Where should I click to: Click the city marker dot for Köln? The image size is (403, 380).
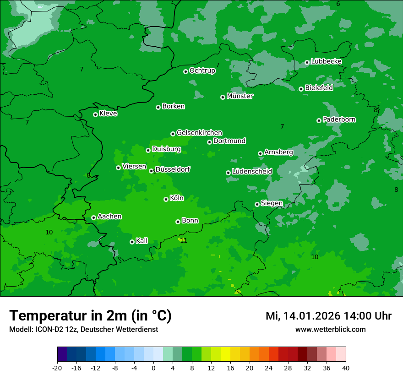click(x=166, y=199)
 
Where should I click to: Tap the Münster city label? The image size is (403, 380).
click(x=240, y=96)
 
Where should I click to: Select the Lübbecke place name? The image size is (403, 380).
click(x=326, y=61)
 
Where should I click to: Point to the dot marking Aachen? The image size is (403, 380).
click(x=93, y=217)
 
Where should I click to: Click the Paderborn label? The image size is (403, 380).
click(x=339, y=119)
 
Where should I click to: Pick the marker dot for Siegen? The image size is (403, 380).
click(x=257, y=204)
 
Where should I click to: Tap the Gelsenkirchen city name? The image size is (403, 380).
click(x=199, y=133)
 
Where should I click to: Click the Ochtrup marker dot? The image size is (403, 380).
click(x=185, y=71)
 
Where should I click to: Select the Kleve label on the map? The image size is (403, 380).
click(x=108, y=114)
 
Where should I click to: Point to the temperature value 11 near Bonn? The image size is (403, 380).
click(x=184, y=240)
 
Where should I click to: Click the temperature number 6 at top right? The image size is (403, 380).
click(x=338, y=4)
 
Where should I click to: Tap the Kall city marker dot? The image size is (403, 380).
click(x=132, y=242)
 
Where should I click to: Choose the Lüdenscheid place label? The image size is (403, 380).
click(x=252, y=172)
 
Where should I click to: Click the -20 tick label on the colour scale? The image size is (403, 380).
click(x=57, y=368)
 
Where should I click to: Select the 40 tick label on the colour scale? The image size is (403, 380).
click(x=345, y=368)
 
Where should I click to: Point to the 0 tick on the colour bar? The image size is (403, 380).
click(x=153, y=368)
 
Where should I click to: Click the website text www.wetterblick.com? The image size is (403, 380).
click(x=330, y=329)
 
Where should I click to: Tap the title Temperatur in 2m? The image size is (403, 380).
click(x=90, y=315)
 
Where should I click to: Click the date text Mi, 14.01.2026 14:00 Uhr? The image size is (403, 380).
click(x=328, y=316)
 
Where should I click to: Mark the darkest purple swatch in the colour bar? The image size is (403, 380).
click(x=62, y=354)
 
